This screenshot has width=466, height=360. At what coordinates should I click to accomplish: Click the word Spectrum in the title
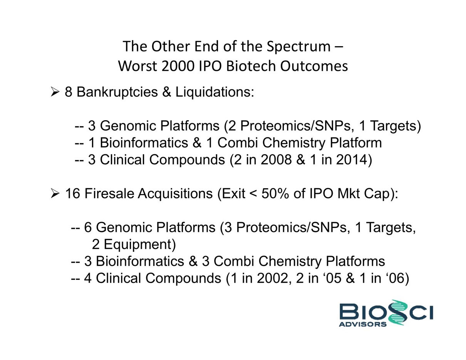tap(298, 47)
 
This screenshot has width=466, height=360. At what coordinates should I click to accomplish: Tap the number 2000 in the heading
tap(178, 66)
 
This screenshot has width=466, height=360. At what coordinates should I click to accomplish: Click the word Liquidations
tap(215, 92)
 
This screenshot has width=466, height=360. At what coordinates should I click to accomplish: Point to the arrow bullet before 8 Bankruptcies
tap(55, 92)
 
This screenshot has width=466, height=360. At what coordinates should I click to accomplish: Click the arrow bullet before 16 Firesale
tap(55, 193)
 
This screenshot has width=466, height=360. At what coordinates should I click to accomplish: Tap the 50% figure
tap(275, 193)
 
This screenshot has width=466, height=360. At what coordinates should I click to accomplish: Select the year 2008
tap(276, 159)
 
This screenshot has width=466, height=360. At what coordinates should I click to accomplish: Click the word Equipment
tap(140, 244)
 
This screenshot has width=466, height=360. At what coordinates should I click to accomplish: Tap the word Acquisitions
tap(175, 194)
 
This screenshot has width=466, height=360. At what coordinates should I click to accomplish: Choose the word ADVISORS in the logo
tap(363, 324)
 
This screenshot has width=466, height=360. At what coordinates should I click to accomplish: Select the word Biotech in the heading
tap(251, 66)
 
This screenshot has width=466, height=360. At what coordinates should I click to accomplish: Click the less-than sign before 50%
tap(253, 194)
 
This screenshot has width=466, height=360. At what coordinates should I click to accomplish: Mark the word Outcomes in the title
tap(314, 66)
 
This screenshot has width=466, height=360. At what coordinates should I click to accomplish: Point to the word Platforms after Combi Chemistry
tap(355, 261)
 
